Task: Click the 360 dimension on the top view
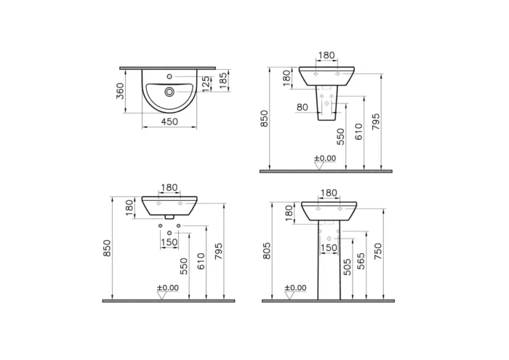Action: [121, 91]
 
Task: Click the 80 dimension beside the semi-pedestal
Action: [303, 108]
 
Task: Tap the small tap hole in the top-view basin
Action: [169, 77]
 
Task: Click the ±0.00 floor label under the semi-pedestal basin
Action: [325, 159]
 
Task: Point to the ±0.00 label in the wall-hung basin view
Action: [167, 288]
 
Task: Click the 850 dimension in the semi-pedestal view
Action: [265, 119]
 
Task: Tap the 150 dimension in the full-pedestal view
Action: [329, 248]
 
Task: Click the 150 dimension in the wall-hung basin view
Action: [169, 243]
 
